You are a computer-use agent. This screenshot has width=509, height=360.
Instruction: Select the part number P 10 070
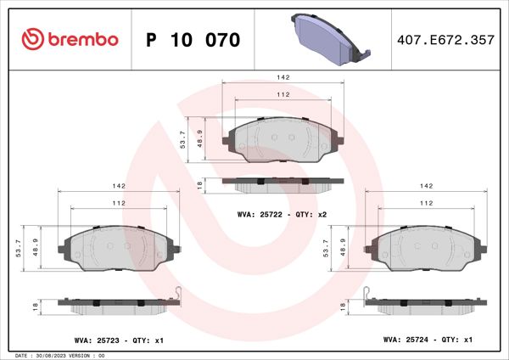click(193, 40)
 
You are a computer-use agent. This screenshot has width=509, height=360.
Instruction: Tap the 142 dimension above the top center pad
click(282, 76)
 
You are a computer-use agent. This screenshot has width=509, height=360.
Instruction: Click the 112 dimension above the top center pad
click(282, 95)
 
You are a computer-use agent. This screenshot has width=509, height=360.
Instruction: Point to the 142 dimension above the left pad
click(119, 186)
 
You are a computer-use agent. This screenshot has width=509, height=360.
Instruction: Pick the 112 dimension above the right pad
click(426, 204)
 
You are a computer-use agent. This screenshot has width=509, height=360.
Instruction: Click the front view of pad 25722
click(282, 140)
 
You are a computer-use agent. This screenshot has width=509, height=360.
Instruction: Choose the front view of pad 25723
click(119, 249)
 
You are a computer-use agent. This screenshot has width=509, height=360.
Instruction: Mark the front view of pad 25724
click(426, 249)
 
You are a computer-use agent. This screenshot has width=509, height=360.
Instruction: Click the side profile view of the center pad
click(282, 183)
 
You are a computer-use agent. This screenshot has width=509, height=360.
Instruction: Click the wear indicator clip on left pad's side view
click(175, 295)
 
